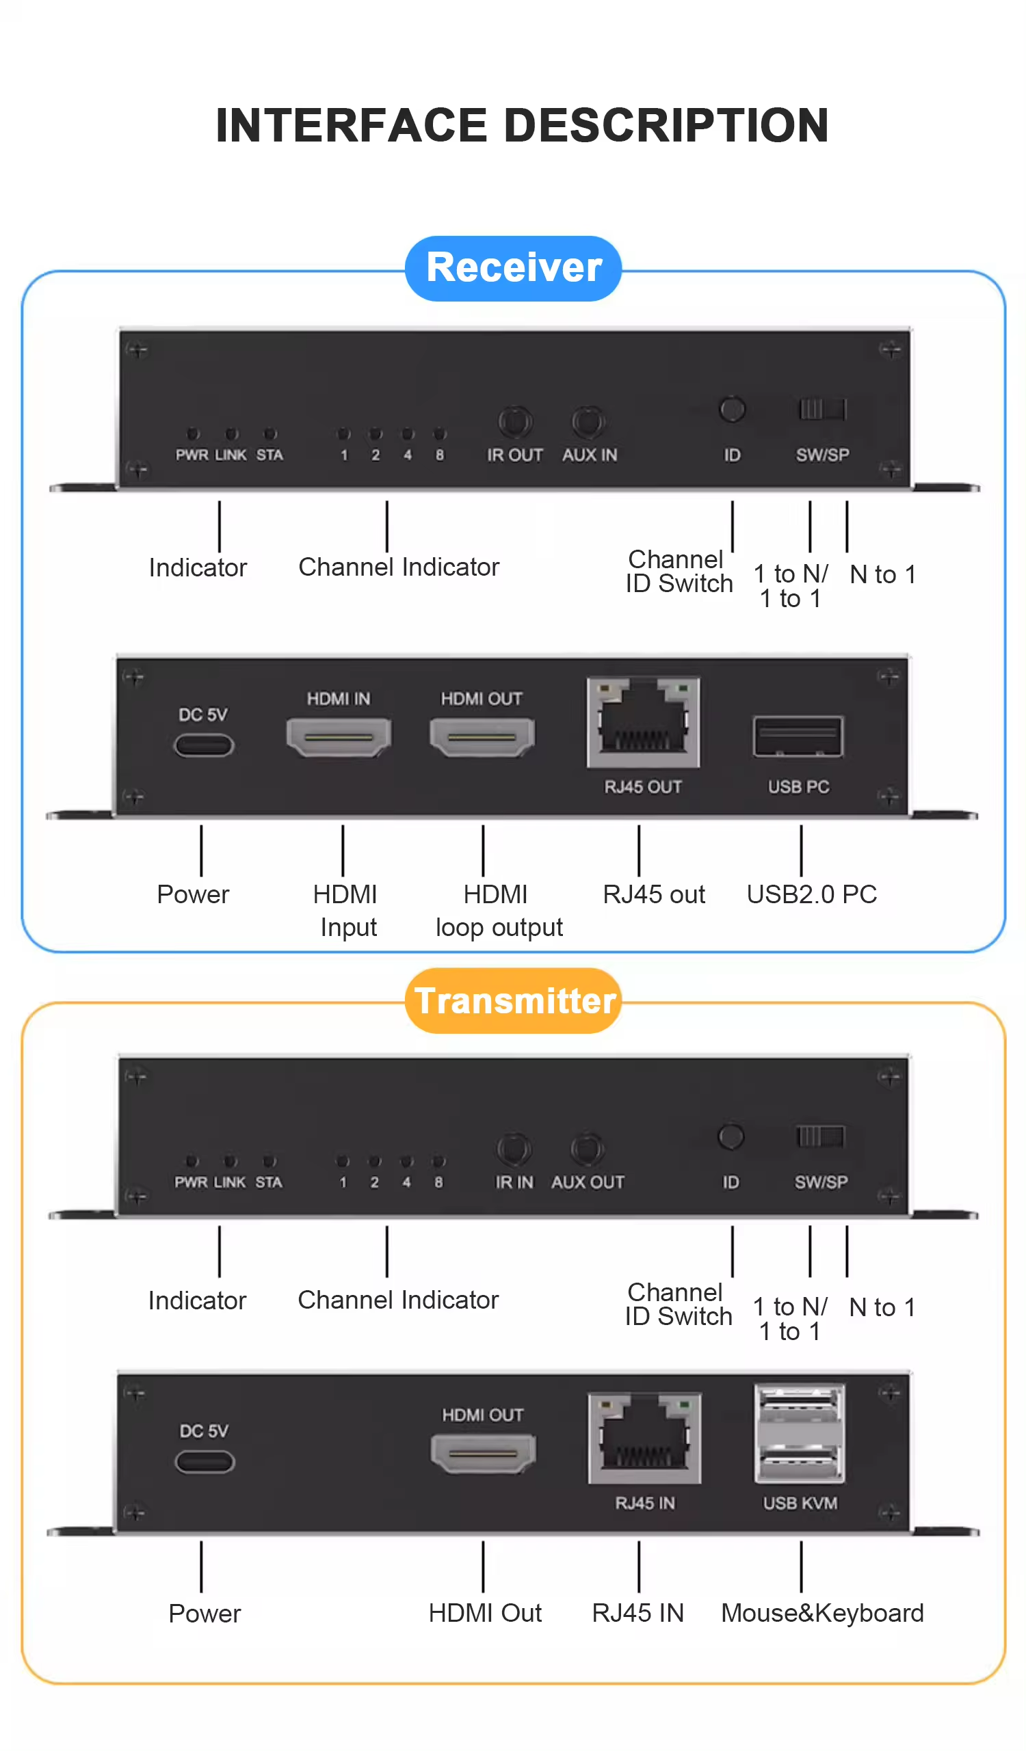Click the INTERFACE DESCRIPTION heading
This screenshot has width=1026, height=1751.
click(522, 126)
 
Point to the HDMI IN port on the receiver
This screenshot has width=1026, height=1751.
click(339, 736)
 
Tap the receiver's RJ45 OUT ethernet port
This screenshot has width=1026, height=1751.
click(643, 723)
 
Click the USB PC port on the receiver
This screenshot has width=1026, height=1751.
click(798, 736)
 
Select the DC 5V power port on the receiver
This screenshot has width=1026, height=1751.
click(204, 745)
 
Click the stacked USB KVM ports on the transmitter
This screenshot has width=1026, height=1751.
click(800, 1433)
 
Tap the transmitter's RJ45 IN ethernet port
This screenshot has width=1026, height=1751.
click(644, 1438)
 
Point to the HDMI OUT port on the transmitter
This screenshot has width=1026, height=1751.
click(483, 1452)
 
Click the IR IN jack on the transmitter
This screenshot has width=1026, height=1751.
click(514, 1149)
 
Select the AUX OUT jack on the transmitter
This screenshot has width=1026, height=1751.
click(587, 1149)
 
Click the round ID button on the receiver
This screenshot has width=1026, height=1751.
click(731, 410)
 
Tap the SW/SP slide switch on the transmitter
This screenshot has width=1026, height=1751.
click(820, 1136)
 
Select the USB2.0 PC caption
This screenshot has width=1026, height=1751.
click(811, 894)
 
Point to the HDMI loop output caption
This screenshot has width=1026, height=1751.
click(499, 910)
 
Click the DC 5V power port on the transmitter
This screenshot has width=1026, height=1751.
click(205, 1461)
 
